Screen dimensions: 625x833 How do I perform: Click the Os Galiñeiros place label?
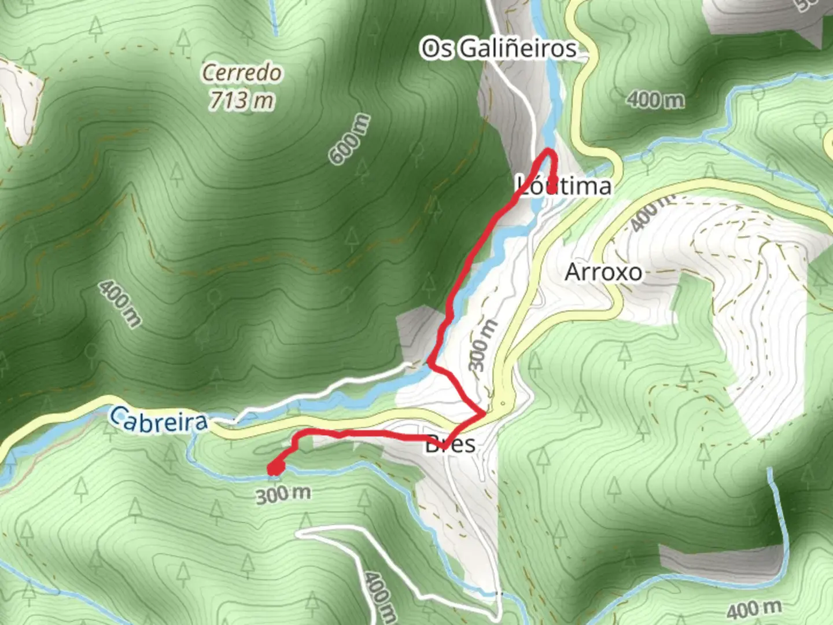click(x=499, y=49)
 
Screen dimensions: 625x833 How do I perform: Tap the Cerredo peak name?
click(x=242, y=73)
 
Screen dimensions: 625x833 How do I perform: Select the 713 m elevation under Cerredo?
click(x=241, y=100)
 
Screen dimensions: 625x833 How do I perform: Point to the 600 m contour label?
click(x=349, y=139)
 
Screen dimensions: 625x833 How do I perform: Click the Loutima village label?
click(x=564, y=186)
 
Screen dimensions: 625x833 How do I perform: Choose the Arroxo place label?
click(x=603, y=272)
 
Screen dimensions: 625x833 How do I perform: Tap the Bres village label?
click(x=451, y=444)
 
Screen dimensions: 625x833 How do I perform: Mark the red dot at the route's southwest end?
click(x=275, y=468)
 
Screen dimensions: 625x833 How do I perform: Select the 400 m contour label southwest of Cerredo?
click(x=119, y=304)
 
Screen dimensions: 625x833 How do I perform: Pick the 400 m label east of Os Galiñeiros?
click(x=655, y=100)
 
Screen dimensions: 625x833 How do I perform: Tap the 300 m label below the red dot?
click(x=283, y=494)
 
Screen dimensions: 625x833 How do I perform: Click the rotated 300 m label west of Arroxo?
click(x=482, y=345)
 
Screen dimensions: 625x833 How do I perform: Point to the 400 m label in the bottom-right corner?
click(x=754, y=609)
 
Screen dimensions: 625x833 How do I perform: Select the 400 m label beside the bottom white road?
click(x=379, y=596)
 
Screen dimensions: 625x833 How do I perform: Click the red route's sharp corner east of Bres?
click(x=484, y=414)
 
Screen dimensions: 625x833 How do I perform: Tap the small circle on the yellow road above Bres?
click(x=503, y=403)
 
